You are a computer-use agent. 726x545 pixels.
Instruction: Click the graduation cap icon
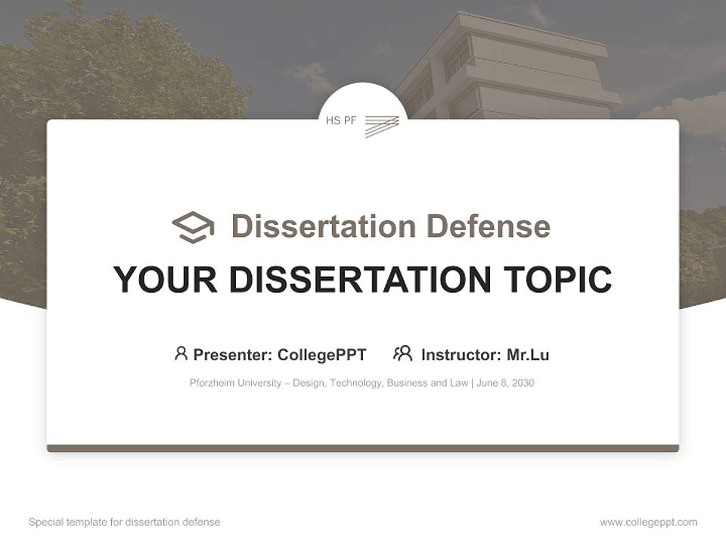193,226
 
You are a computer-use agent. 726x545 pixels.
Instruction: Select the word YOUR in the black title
166,280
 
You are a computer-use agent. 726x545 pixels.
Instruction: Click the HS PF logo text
341,120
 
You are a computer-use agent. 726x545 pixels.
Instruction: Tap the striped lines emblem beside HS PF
382,126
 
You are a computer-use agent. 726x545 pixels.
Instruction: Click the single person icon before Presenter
181,353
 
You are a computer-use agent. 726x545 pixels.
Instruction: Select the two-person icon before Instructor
402,353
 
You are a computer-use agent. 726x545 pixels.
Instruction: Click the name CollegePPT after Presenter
322,355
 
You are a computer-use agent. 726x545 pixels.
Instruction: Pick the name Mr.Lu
528,355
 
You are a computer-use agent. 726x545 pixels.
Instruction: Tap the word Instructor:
461,355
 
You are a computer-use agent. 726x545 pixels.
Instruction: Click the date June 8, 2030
506,383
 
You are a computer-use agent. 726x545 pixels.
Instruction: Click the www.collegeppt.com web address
648,522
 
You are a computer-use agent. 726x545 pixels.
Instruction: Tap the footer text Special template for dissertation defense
125,522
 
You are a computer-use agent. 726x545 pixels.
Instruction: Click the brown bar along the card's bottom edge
363,448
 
